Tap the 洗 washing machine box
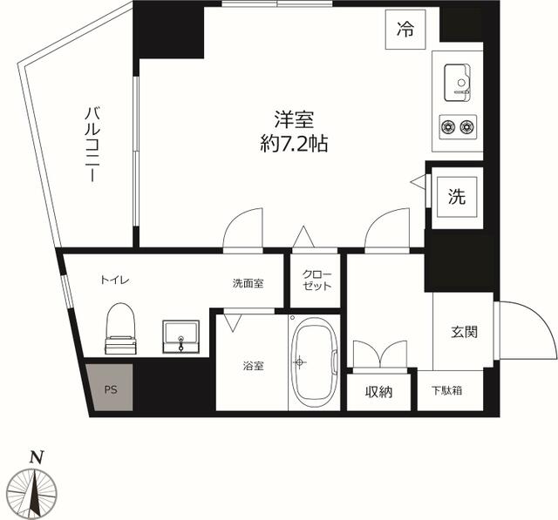coord(457,196)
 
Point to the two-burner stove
coord(458,127)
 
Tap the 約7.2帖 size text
coord(289,145)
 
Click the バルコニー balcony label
coord(90,145)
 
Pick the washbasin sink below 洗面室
coord(180,336)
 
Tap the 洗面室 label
coord(248,283)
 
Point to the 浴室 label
coord(254,366)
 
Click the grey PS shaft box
coord(111,389)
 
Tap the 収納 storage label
coord(378,392)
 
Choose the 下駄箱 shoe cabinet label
coord(446,391)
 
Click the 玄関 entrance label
coord(464,332)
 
